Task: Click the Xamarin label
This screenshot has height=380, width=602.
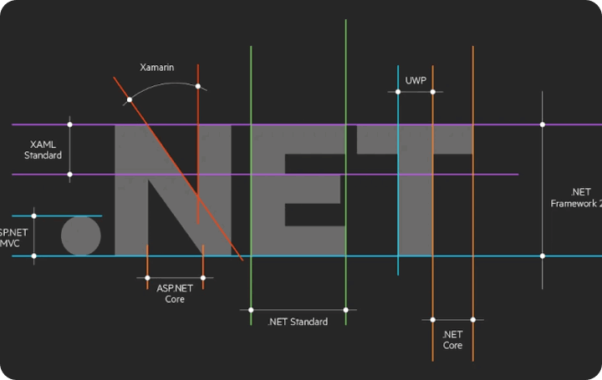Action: pos(157,67)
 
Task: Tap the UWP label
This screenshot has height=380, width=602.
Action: pos(416,80)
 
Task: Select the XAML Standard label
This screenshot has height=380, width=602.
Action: pos(43,149)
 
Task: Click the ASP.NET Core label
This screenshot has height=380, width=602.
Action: pos(175,293)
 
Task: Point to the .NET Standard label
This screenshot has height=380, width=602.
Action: pos(298,322)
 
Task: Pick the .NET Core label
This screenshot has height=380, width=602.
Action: pos(452,340)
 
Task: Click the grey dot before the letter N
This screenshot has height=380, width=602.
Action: pos(81,236)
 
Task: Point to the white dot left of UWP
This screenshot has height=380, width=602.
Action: pos(399,91)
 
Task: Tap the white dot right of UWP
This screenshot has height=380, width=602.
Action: pos(432,91)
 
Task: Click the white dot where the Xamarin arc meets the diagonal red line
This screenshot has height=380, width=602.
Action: pos(129,100)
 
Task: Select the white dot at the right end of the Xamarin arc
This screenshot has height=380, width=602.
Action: pos(198,86)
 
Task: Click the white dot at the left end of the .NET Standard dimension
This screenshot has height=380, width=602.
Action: pos(251,310)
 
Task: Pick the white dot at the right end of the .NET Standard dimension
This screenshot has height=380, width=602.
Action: pos(345,310)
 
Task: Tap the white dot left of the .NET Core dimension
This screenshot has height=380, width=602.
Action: pos(432,319)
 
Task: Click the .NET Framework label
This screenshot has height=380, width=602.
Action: pos(577,198)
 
